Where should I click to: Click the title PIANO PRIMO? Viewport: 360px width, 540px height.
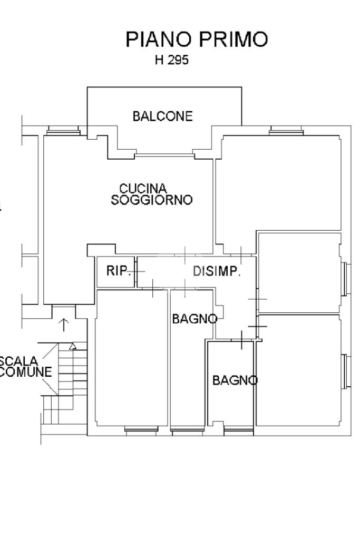coord(197,40)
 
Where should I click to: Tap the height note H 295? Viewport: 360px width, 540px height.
coord(171,61)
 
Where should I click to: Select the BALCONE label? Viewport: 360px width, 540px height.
coord(163,116)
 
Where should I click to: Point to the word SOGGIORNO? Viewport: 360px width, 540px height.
coord(152,200)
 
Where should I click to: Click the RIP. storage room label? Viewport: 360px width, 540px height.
coord(119,271)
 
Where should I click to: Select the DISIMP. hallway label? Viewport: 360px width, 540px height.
coord(217,272)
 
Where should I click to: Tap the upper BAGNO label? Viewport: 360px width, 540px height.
coord(195,319)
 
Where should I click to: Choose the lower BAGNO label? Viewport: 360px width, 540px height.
coord(235,380)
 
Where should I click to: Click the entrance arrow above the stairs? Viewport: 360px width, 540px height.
coord(64,324)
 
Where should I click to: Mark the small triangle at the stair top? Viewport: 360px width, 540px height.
coord(73,347)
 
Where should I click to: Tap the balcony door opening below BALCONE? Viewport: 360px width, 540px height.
coord(164,155)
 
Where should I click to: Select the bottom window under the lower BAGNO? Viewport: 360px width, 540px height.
coord(239,430)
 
